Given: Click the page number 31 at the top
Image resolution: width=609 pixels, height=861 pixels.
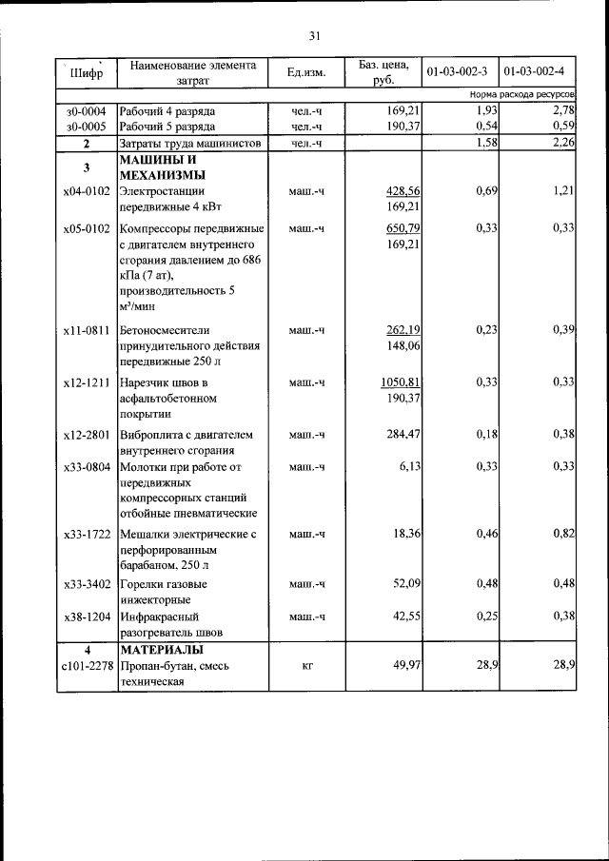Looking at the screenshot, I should [314, 36].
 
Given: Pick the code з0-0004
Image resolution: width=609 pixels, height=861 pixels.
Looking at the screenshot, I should [87, 111].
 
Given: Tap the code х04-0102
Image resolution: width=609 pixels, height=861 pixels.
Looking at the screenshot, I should [87, 191].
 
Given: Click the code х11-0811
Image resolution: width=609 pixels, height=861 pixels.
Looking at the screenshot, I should [87, 330].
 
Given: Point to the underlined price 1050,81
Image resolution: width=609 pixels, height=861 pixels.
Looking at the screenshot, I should [401, 382].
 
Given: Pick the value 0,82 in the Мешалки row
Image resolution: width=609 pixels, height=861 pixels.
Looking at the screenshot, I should [562, 535].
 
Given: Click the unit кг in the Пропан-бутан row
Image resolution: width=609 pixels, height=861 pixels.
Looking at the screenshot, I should [307, 666].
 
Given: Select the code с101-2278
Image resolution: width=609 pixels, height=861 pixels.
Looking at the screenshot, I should [87, 666].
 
